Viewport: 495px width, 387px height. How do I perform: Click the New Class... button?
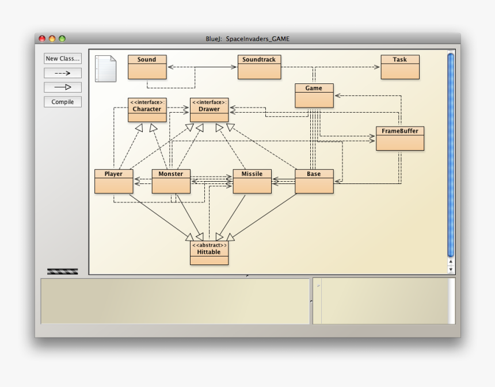[63, 59]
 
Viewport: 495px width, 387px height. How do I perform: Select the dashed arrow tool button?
[63, 73]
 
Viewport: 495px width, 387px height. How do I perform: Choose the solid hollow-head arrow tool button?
[63, 87]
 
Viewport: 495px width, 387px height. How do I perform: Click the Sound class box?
[147, 67]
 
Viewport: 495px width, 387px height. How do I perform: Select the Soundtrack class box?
[259, 67]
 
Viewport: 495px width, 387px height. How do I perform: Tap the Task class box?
[400, 67]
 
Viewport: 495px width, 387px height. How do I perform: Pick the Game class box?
[314, 96]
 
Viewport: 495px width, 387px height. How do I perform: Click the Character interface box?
[147, 110]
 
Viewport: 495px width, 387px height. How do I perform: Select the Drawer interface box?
[209, 110]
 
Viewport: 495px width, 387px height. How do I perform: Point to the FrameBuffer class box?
[400, 139]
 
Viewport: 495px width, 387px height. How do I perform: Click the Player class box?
[113, 181]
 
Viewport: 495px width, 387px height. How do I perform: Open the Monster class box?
[171, 181]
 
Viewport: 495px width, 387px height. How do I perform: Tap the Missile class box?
[252, 181]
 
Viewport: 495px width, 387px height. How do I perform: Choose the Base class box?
[314, 181]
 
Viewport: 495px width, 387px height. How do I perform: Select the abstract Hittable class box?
[209, 253]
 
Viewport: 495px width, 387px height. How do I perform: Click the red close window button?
[42, 39]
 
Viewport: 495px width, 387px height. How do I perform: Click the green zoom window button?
[62, 39]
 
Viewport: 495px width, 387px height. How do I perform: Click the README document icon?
[105, 68]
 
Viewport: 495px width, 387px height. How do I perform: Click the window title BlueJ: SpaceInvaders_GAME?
[247, 39]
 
